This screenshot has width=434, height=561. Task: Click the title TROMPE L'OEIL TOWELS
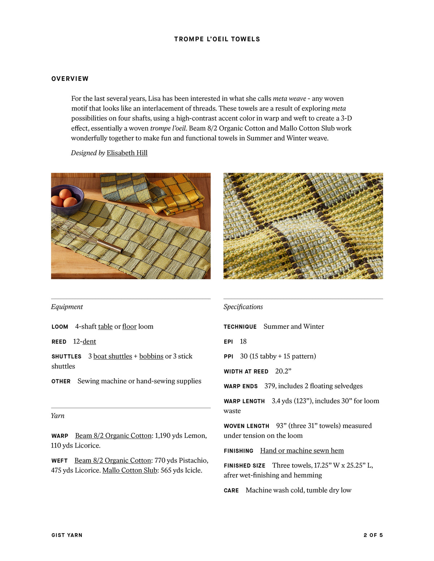pyautogui.click(x=217, y=39)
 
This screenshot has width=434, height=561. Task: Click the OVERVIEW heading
pyautogui.click(x=70, y=79)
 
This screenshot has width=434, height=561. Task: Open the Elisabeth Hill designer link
pyautogui.click(x=127, y=153)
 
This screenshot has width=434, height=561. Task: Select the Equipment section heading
pyautogui.click(x=67, y=307)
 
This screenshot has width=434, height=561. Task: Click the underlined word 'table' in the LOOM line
pyautogui.click(x=105, y=327)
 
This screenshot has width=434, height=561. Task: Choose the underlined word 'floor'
pyautogui.click(x=129, y=327)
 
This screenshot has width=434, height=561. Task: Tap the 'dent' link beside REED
pyautogui.click(x=89, y=341)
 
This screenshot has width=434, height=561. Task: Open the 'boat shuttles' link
pyautogui.click(x=112, y=356)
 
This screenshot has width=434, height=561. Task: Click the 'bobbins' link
pyautogui.click(x=151, y=356)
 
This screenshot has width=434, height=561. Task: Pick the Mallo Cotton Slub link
pyautogui.click(x=130, y=470)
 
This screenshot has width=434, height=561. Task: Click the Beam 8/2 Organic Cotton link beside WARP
pyautogui.click(x=113, y=436)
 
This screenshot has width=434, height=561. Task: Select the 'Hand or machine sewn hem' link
pyautogui.click(x=302, y=450)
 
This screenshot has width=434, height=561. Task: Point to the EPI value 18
pyautogui.click(x=243, y=341)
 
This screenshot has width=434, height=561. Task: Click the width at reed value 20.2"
pyautogui.click(x=283, y=371)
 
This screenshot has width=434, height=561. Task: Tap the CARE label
pyautogui.click(x=231, y=490)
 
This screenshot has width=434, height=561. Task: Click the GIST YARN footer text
pyautogui.click(x=67, y=535)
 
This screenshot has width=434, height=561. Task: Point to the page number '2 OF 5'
pyautogui.click(x=373, y=535)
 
